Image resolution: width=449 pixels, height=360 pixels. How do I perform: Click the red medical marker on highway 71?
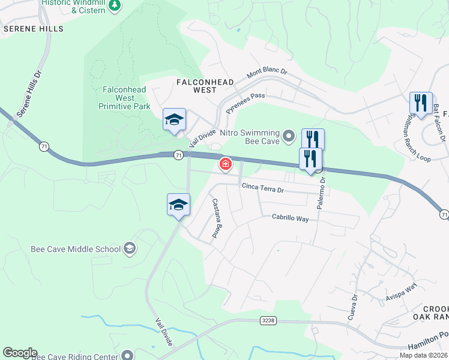226,164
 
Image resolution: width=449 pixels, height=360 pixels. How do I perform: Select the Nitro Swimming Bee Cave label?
250,137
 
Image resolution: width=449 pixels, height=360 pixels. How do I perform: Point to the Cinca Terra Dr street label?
271,187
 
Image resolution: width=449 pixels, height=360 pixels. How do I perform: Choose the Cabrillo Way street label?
290,219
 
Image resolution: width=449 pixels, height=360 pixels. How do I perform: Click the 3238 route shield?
268,321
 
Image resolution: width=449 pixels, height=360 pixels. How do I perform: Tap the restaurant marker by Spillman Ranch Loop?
421,103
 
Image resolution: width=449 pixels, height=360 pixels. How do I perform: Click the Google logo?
20,353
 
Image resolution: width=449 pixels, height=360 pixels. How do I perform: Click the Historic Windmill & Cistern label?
74,7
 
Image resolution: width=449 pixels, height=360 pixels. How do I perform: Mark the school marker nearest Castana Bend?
178,205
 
